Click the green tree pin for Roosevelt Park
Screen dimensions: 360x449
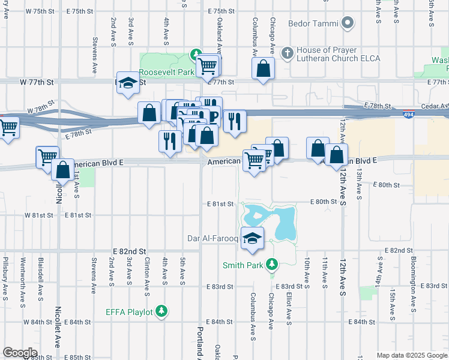pyautogui.click(x=195, y=55)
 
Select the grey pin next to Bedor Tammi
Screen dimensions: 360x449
pyautogui.click(x=348, y=24)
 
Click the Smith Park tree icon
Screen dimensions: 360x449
pyautogui.click(x=272, y=264)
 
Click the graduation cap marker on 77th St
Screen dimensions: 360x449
pyautogui.click(x=128, y=83)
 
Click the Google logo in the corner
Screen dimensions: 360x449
pyautogui.click(x=20, y=352)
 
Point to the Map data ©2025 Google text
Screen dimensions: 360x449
pyautogui.click(x=411, y=355)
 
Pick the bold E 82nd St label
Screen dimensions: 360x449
pyautogui.click(x=130, y=251)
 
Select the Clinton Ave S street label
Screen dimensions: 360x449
pyautogui.click(x=147, y=277)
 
